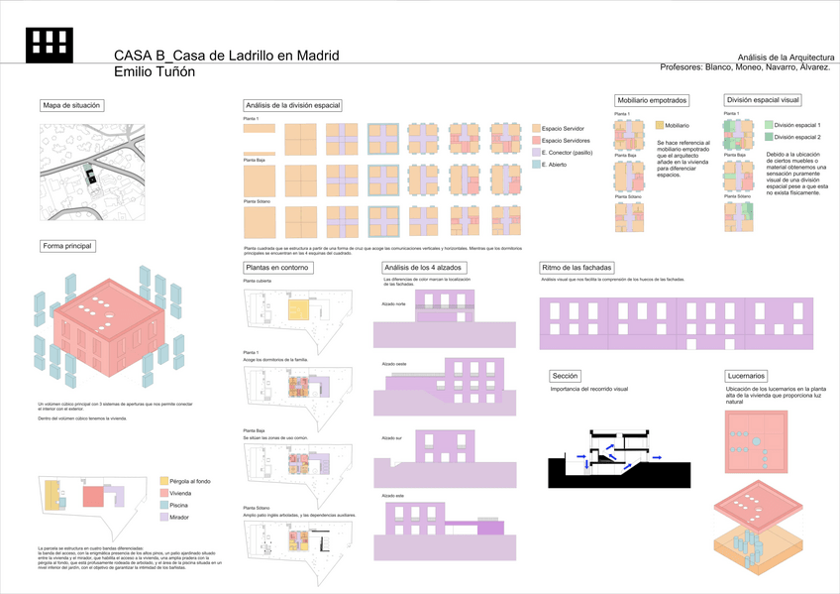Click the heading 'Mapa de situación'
click(72, 105)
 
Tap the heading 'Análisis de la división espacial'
click(292, 105)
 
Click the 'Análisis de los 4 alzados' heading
click(421, 268)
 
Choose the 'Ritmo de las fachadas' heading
click(577, 268)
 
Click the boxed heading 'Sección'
click(566, 377)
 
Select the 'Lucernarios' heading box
click(745, 377)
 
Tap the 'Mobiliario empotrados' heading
click(652, 101)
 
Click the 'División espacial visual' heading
click(763, 100)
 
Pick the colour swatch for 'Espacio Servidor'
click(536, 129)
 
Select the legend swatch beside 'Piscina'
click(163, 505)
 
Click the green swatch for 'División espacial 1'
click(768, 125)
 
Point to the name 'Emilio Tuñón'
click(155, 72)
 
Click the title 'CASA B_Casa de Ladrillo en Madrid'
click(227, 56)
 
